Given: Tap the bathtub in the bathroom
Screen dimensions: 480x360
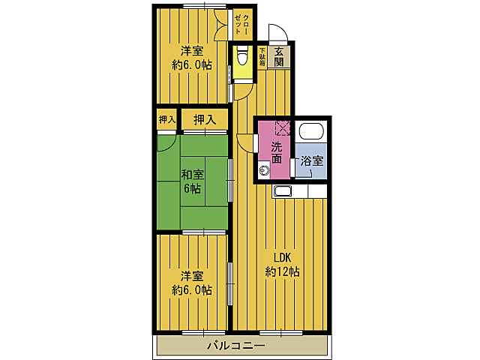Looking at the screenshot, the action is (x=311, y=131).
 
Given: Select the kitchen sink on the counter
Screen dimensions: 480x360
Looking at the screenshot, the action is (x=283, y=192).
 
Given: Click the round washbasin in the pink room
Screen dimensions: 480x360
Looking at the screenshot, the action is (x=264, y=170).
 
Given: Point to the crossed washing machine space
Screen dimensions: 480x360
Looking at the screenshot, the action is (x=283, y=128).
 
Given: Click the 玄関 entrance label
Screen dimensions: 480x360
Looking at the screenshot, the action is (x=279, y=57).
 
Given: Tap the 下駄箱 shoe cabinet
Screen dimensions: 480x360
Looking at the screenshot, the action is (x=262, y=57).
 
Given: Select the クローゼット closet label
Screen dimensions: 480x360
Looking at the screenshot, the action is (x=241, y=25).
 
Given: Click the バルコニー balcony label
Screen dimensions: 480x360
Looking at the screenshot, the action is (x=236, y=346).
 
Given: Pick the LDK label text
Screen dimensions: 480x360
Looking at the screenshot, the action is (x=282, y=258).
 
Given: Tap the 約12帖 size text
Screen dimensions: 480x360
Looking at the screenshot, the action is (x=282, y=271).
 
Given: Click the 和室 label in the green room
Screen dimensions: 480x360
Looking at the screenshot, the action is (x=192, y=175).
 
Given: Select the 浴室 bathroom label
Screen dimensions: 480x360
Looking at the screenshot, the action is (x=312, y=160).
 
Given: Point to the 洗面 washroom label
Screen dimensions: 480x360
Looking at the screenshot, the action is (x=277, y=152).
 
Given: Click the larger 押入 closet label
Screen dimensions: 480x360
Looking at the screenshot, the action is (x=205, y=120).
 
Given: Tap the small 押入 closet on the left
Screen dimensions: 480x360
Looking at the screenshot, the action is (x=167, y=119).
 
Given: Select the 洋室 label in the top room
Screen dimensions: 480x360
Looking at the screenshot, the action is (x=192, y=50).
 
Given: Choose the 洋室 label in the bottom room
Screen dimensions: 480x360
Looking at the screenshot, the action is (x=192, y=276).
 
